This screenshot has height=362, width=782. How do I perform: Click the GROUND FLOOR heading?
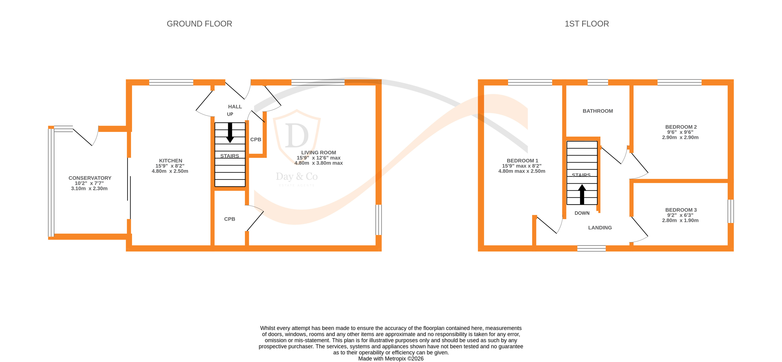(x=199, y=24)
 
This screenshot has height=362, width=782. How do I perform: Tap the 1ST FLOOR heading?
(x=586, y=24)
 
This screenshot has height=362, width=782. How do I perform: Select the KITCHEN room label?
(x=171, y=160)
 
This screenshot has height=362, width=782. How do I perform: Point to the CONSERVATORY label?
(x=90, y=178)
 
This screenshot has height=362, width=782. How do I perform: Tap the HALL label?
(x=235, y=107)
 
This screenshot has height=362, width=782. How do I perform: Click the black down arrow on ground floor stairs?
(x=230, y=133)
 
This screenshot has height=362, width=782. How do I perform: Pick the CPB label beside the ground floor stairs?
(x=256, y=139)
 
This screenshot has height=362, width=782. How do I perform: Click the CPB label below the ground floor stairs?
(x=229, y=219)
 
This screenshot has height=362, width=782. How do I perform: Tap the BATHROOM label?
(x=597, y=111)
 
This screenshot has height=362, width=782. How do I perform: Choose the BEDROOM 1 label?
(x=522, y=160)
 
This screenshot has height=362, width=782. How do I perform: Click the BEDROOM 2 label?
(x=681, y=127)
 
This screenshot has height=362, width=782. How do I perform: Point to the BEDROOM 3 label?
(x=681, y=210)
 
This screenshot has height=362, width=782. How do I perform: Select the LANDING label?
(x=600, y=228)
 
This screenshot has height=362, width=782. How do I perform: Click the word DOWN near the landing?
(x=582, y=213)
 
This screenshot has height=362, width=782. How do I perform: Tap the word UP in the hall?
(x=230, y=114)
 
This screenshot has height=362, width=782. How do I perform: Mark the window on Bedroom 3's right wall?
(x=731, y=211)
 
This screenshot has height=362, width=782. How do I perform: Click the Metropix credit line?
(x=391, y=358)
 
